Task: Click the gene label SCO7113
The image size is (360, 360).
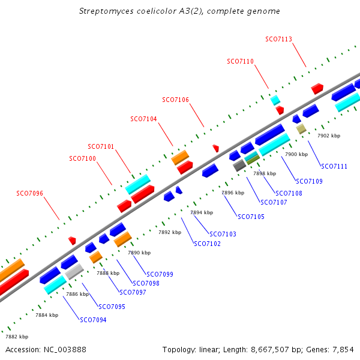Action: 278,40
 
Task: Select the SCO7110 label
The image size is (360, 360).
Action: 240,61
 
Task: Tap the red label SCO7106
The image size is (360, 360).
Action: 176,100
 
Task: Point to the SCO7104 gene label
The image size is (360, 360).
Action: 143,119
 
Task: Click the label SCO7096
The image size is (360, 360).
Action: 29,193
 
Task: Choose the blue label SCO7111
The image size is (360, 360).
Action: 334,166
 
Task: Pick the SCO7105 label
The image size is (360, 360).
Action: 251,217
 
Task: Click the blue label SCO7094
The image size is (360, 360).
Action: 93,320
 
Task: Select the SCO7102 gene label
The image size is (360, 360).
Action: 207,244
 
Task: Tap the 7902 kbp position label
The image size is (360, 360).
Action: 328,136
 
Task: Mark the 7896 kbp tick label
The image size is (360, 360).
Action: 233,193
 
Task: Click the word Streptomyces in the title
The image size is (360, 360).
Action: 103,11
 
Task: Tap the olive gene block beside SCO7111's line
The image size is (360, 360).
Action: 301,128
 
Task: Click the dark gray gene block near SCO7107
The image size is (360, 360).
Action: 239,165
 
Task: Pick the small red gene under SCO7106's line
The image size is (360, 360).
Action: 215,148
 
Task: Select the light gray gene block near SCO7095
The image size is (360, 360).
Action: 74,272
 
